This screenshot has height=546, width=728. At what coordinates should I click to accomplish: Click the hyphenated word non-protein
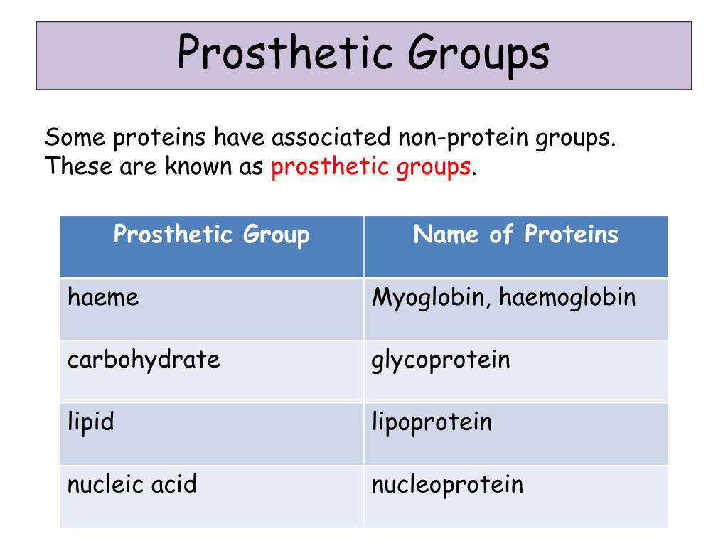(x=458, y=136)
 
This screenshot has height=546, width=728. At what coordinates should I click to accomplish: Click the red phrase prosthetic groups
(x=370, y=168)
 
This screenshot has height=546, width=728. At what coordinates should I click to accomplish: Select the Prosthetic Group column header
(x=211, y=235)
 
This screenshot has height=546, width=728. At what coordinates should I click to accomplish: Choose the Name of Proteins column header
(x=515, y=235)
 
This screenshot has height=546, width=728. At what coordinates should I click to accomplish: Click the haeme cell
(x=103, y=297)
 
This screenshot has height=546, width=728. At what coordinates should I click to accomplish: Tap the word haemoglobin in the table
(x=567, y=298)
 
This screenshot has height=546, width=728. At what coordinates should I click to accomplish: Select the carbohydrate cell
(x=144, y=360)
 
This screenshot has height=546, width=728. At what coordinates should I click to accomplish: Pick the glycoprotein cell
(x=441, y=360)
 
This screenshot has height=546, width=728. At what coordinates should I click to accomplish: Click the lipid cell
(x=91, y=422)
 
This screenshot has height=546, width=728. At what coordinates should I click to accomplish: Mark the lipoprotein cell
(x=432, y=423)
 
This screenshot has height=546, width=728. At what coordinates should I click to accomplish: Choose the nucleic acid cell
(x=132, y=485)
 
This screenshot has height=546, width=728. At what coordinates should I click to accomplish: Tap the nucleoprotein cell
(x=447, y=485)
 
